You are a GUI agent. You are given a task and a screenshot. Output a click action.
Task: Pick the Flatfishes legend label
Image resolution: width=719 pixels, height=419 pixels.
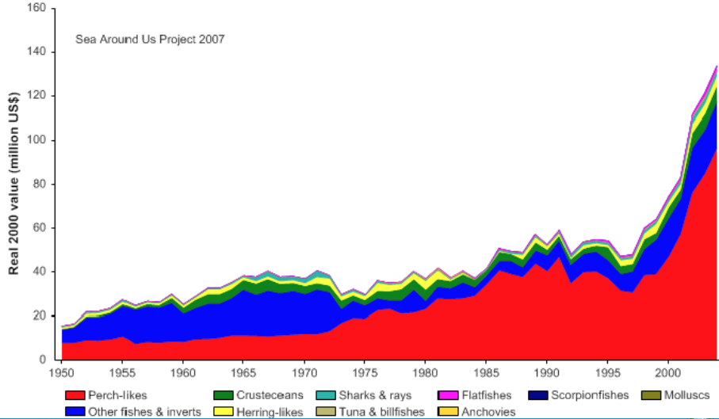click(488, 395)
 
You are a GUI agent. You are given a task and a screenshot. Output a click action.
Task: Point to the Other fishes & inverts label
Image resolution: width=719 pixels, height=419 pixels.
click(145, 412)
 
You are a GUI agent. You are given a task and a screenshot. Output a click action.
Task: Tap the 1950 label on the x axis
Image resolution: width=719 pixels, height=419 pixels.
click(61, 371)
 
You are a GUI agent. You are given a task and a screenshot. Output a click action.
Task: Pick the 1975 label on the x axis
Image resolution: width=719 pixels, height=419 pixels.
click(364, 371)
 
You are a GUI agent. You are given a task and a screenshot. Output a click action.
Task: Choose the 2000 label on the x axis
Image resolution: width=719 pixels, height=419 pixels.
click(667, 371)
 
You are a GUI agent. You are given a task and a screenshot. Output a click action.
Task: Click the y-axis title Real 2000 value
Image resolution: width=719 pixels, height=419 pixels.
click(14, 185)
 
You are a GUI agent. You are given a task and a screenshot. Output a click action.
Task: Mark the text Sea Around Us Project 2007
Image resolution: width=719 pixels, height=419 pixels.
click(150, 38)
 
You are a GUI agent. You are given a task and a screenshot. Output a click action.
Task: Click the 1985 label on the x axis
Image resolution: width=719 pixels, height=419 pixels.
click(485, 371)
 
